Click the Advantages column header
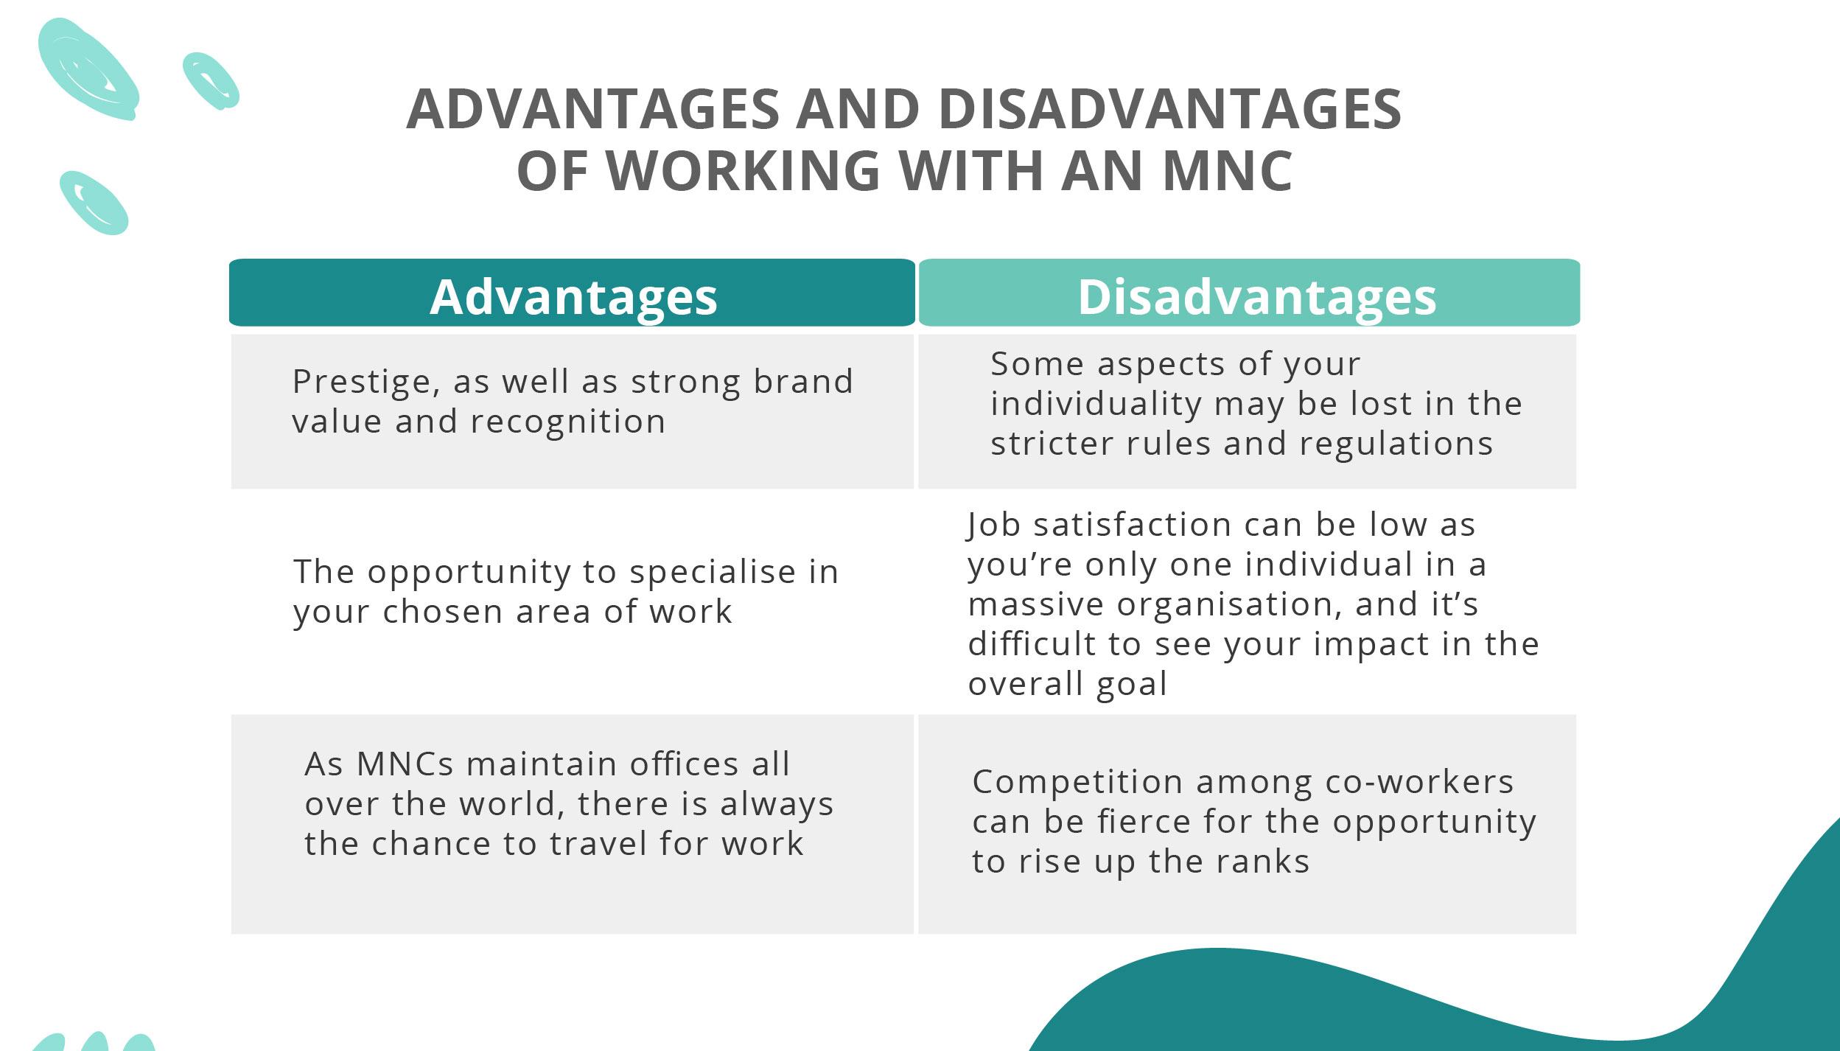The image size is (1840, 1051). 573,297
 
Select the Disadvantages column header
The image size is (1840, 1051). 1256,297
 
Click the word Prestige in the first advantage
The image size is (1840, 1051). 361,383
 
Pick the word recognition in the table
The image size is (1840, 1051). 567,422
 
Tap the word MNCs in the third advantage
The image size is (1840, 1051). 405,764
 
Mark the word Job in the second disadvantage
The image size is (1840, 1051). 993,525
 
